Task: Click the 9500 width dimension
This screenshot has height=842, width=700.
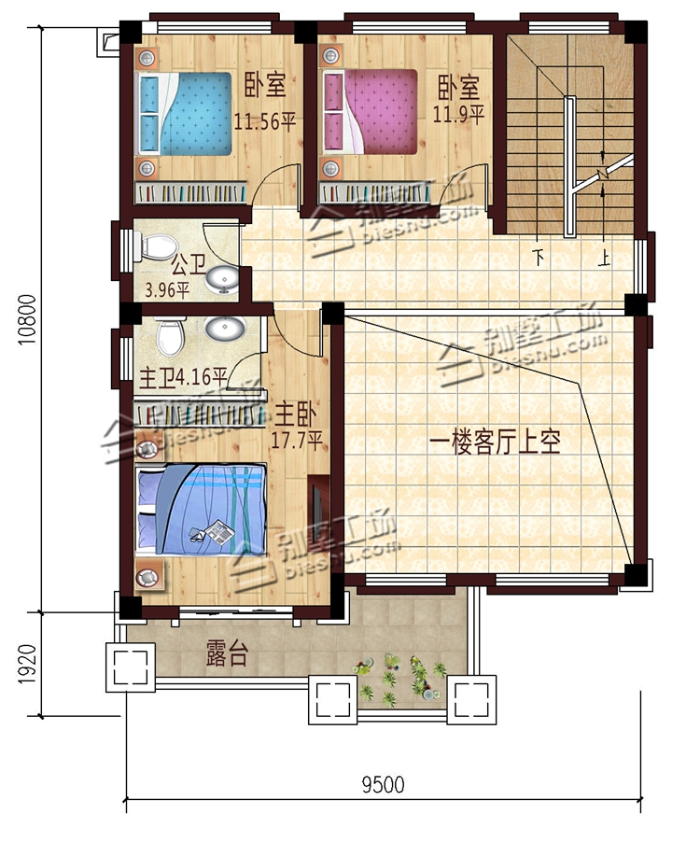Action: pyautogui.click(x=383, y=784)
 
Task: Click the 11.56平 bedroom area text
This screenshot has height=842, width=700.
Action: pyautogui.click(x=265, y=121)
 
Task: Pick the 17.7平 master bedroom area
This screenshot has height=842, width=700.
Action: pyautogui.click(x=297, y=438)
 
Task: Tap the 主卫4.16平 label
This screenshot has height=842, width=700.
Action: pyautogui.click(x=184, y=378)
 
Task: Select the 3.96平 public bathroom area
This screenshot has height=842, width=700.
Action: pyautogui.click(x=167, y=288)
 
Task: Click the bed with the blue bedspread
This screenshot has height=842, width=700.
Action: pyautogui.click(x=186, y=115)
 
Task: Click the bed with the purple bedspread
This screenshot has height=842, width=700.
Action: pyautogui.click(x=371, y=113)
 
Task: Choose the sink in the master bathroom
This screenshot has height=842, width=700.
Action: pyautogui.click(x=224, y=330)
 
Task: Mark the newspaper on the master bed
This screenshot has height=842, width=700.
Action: pyautogui.click(x=216, y=532)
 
